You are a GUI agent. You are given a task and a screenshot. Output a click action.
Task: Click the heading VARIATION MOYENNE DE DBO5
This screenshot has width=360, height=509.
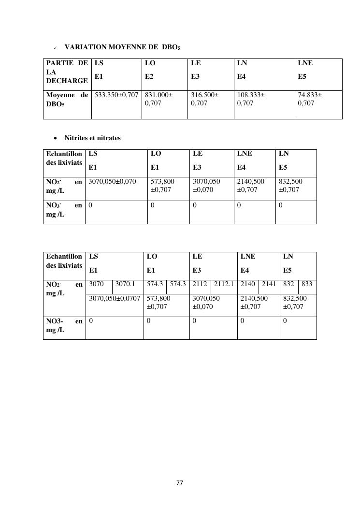click(122, 47)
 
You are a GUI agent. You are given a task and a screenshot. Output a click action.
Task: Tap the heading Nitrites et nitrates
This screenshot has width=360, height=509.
click(92, 138)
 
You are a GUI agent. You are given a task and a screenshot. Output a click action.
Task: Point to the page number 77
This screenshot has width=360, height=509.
click(180, 482)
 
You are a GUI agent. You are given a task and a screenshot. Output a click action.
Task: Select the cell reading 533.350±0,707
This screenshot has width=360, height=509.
click(116, 95)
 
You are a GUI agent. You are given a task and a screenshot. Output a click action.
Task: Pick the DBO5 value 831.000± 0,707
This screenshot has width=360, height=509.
click(158, 99)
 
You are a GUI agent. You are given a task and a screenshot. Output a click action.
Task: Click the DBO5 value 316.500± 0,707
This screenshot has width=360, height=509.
click(205, 99)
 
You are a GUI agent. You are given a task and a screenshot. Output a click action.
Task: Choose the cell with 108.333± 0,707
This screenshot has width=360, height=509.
click(251, 99)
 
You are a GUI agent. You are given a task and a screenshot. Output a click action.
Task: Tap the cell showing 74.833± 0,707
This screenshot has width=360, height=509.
click(310, 99)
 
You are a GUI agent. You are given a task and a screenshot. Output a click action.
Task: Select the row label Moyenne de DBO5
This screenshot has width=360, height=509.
click(67, 100)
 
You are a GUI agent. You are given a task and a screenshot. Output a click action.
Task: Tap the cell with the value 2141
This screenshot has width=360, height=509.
click(269, 284)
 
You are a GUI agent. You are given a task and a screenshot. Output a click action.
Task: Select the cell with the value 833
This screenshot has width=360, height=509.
click(307, 284)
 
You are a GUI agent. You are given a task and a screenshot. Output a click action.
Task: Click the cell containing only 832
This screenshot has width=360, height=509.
click(288, 284)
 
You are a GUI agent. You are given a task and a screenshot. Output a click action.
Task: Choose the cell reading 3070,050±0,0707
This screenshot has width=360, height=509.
click(115, 298)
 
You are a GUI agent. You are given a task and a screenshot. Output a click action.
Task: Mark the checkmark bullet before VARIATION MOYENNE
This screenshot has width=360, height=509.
click(55, 48)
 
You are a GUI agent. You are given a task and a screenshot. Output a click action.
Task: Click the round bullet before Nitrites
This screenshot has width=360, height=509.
click(56, 138)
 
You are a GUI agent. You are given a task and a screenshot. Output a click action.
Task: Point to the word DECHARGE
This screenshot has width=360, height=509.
click(67, 81)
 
